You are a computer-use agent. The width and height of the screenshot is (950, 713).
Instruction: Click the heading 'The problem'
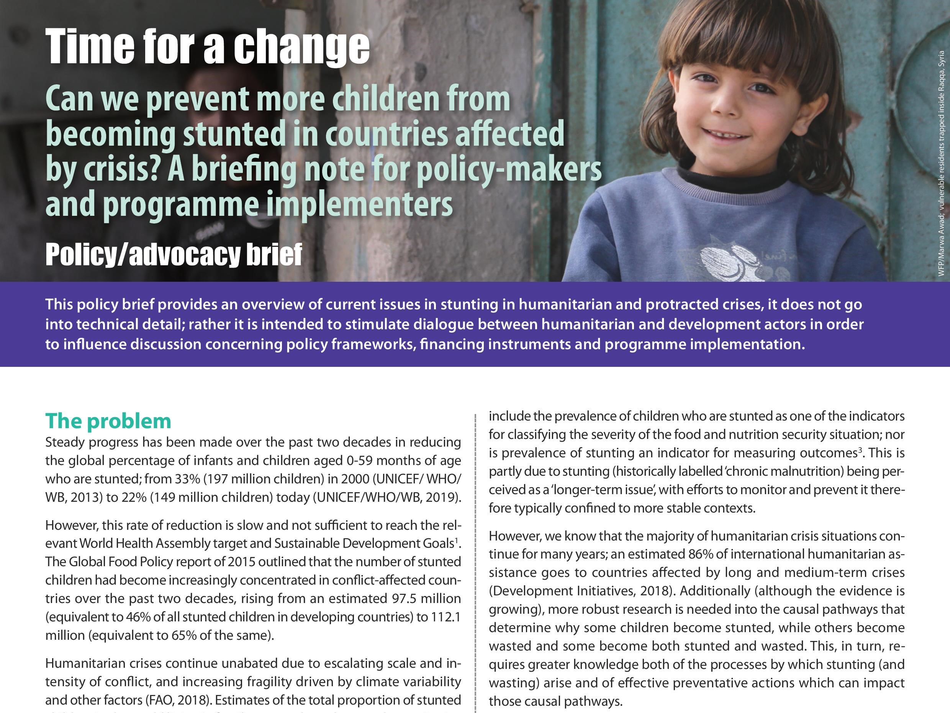click(x=108, y=421)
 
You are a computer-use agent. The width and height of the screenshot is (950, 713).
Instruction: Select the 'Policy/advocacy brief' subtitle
click(x=174, y=255)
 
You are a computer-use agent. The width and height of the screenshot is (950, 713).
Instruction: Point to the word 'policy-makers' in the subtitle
click(x=509, y=169)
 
